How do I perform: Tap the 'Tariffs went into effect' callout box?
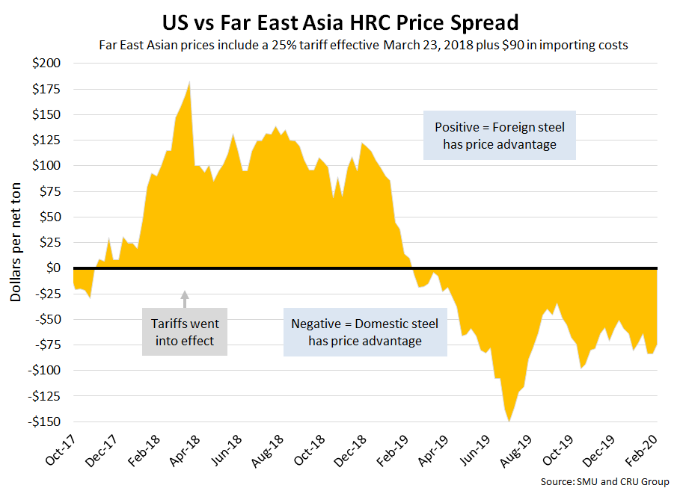(x=186, y=333)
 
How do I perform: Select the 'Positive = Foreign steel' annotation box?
(x=499, y=136)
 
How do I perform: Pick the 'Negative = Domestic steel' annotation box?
(x=365, y=333)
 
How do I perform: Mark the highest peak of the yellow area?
(x=190, y=81)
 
